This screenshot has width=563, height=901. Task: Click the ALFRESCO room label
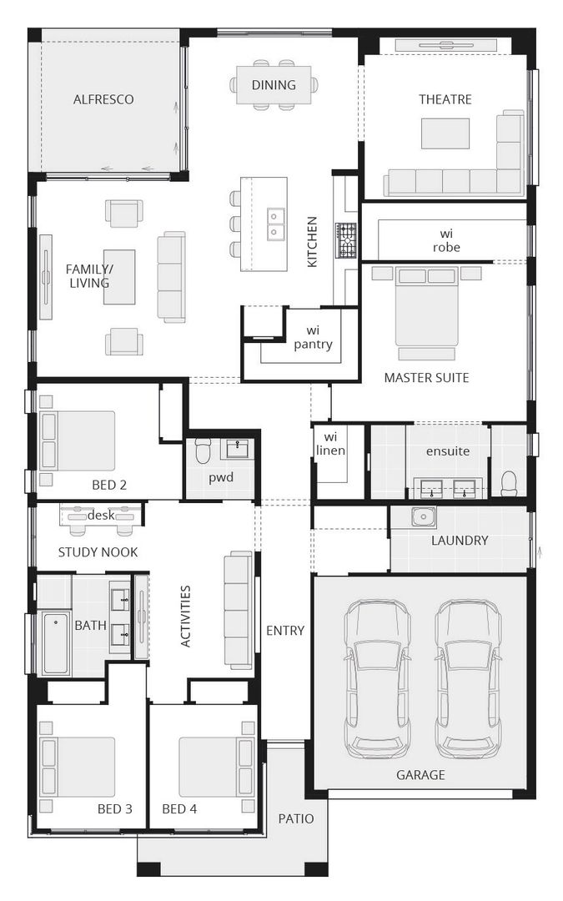[x=103, y=99]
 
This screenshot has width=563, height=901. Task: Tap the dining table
[x=274, y=84]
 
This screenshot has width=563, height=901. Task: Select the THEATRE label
[x=445, y=99]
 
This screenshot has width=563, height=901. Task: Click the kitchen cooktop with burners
[x=346, y=240]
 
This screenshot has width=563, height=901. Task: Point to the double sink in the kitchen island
[x=276, y=224]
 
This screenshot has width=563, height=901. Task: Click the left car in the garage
[x=378, y=677]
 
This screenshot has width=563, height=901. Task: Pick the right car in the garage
[x=468, y=677]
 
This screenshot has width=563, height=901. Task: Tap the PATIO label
[x=296, y=818]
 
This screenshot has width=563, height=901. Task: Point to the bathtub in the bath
[x=56, y=643]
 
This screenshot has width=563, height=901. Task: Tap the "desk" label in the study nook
[x=100, y=515]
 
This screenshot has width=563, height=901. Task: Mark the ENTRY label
[x=285, y=630]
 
